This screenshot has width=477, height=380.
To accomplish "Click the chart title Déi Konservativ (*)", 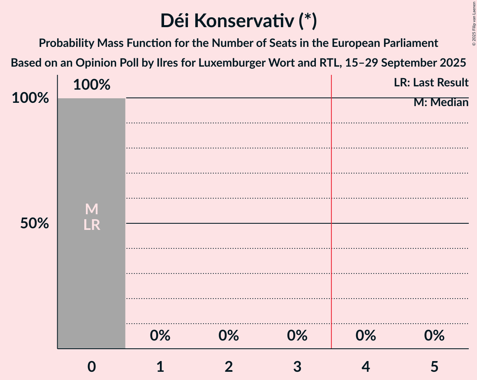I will [x=238, y=21].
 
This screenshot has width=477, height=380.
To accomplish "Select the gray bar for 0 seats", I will [x=92, y=280].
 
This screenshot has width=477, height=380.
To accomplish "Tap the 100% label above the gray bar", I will [x=92, y=85].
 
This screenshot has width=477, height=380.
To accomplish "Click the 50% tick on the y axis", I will [x=35, y=223].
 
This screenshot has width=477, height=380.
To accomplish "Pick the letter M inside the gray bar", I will [x=92, y=209].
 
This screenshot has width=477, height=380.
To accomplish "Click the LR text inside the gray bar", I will [x=92, y=225].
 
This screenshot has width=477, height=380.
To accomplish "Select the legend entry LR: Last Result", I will [x=431, y=83].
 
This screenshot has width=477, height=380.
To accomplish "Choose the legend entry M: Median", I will [x=441, y=102].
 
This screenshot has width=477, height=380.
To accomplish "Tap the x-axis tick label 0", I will [x=92, y=366].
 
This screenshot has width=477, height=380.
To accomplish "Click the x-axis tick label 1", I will [x=160, y=366].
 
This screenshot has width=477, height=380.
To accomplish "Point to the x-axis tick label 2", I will [x=229, y=366].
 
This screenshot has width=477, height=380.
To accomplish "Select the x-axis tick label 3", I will [x=297, y=366].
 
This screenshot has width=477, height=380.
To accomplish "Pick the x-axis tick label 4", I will [x=366, y=366].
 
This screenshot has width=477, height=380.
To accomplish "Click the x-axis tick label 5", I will [x=434, y=366].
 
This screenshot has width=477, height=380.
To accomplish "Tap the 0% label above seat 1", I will [x=160, y=336].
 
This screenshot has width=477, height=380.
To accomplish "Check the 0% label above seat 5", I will [x=434, y=336].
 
